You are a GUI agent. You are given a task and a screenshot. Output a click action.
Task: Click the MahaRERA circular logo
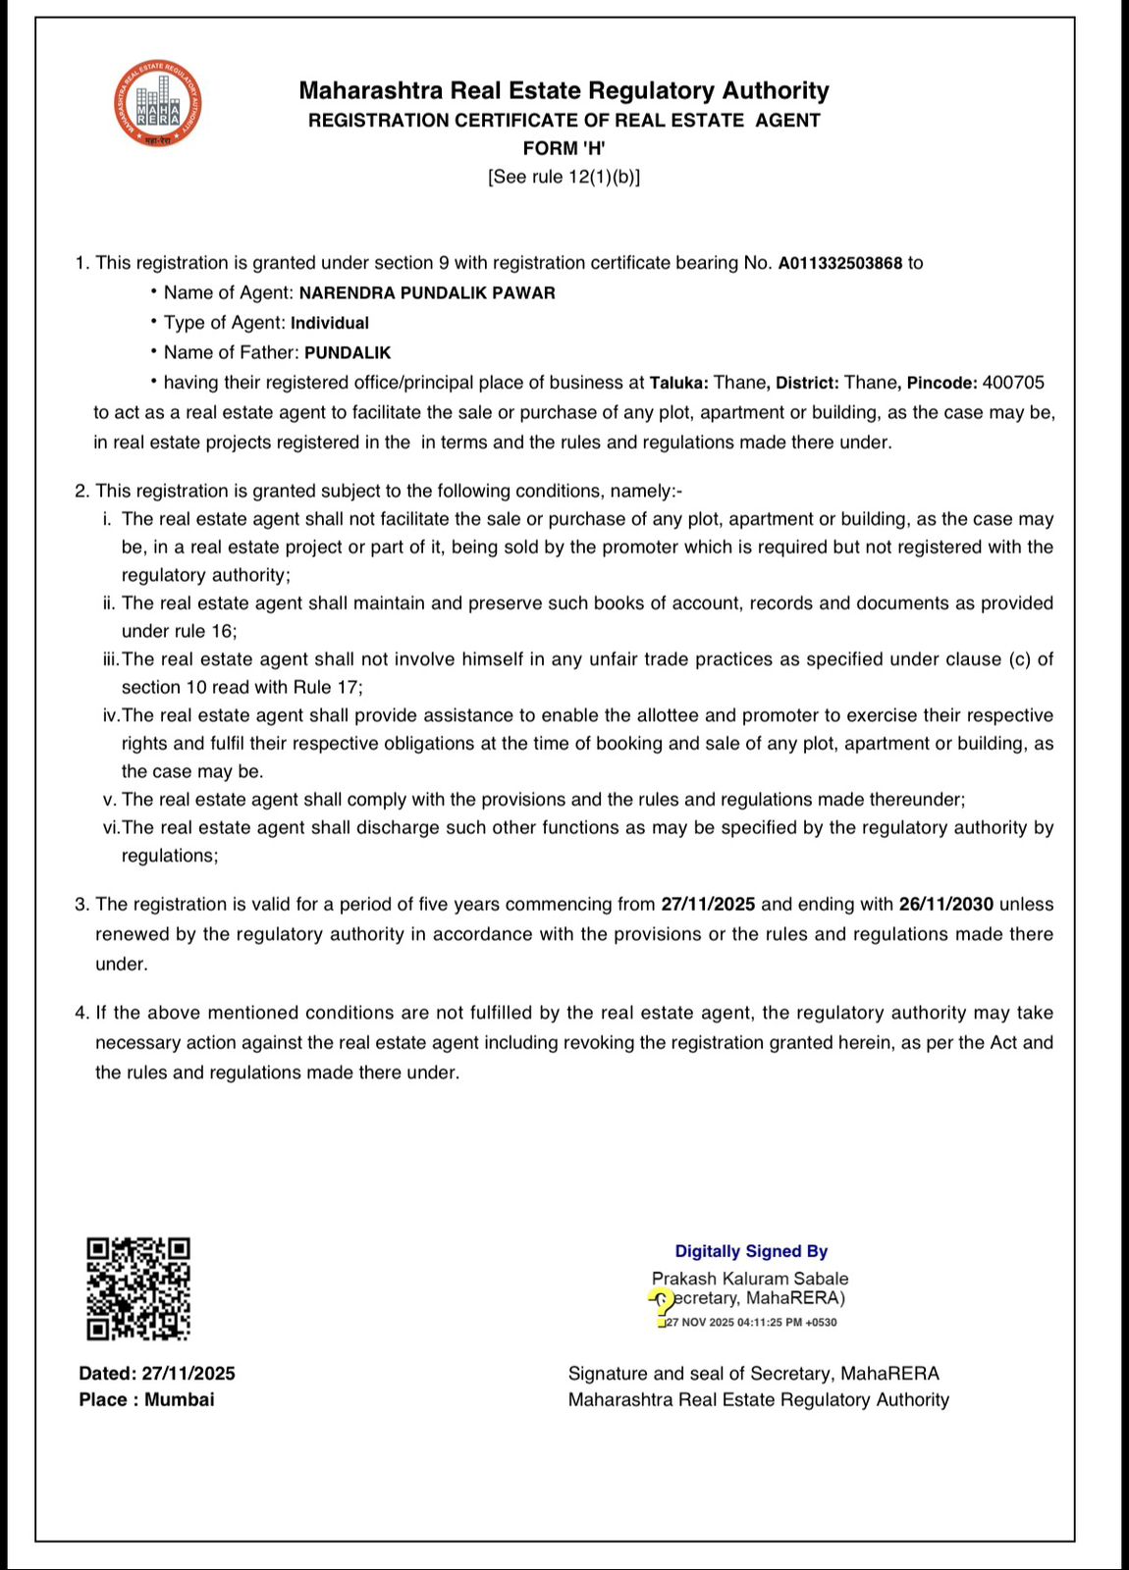tap(158, 102)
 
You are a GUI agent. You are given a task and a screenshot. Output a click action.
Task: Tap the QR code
tap(138, 1288)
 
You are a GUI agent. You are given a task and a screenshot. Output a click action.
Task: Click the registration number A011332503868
tap(839, 263)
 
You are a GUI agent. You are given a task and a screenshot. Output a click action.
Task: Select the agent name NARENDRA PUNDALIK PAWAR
tap(427, 293)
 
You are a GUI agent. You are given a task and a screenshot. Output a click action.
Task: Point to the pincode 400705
tap(1013, 382)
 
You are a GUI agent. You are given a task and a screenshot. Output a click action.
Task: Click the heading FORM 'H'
tap(564, 148)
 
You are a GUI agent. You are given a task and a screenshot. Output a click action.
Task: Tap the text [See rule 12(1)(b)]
tap(564, 177)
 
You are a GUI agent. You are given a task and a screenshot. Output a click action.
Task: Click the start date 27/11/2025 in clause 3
tap(707, 904)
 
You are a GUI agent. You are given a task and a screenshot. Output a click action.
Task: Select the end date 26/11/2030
tap(945, 904)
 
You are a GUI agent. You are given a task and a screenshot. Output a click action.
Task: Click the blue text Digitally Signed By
tap(751, 1251)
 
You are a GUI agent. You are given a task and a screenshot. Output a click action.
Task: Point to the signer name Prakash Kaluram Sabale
tap(750, 1279)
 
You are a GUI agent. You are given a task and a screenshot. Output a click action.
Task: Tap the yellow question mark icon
tap(663, 1305)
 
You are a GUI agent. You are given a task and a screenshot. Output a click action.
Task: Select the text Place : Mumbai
tap(146, 1399)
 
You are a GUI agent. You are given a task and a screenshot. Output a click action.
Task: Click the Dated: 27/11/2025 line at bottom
tap(157, 1374)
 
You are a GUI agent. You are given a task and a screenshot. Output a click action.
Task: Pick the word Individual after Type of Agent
tap(330, 323)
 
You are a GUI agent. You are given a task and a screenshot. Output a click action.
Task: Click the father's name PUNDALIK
tap(348, 352)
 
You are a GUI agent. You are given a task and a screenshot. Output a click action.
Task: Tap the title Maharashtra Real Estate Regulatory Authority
tap(564, 91)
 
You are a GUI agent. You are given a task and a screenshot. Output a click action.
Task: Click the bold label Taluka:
tap(678, 382)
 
